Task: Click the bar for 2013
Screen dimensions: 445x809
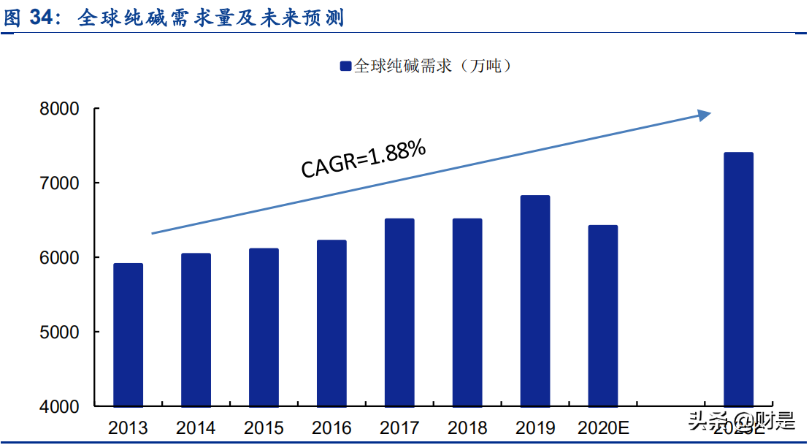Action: (128, 335)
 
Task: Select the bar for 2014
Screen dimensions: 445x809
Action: (196, 330)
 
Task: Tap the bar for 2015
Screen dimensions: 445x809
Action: (264, 327)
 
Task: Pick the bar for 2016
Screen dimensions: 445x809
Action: (331, 323)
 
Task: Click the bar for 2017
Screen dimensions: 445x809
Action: (399, 312)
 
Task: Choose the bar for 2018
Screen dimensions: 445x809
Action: (467, 312)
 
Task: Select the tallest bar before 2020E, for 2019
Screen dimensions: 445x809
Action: (535, 300)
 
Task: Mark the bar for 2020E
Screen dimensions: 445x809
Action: (603, 316)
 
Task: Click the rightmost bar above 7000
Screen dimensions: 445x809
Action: (738, 279)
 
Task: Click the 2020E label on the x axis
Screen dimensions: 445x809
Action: (603, 427)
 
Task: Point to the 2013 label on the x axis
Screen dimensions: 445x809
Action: (128, 427)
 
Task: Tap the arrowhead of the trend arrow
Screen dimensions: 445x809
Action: (704, 115)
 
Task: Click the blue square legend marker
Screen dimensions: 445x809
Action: (345, 66)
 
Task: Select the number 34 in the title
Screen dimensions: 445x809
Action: (45, 18)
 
